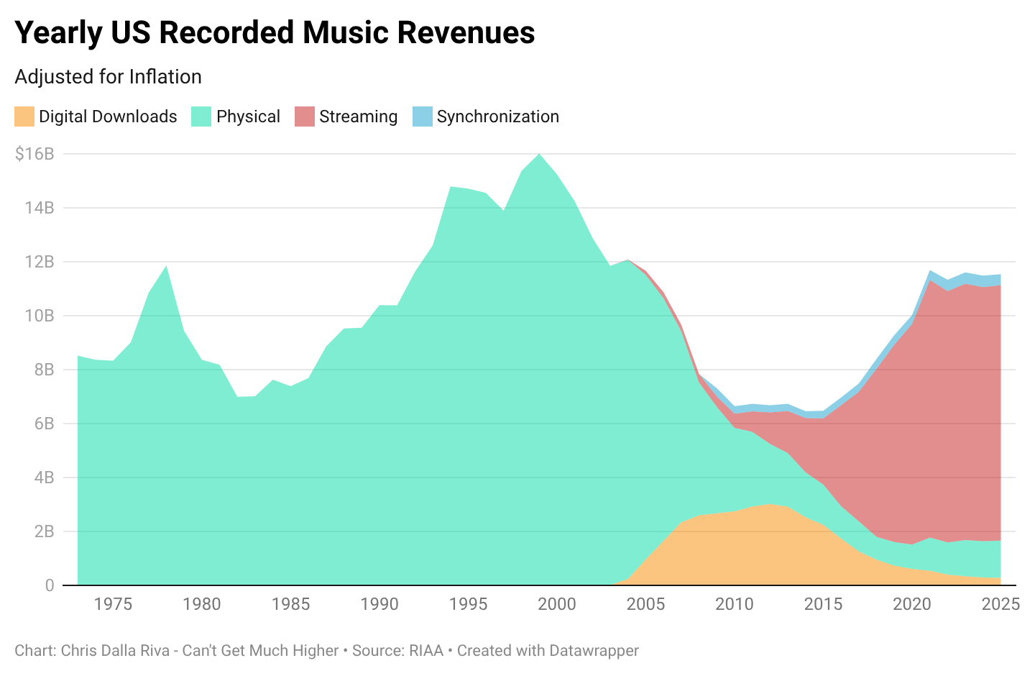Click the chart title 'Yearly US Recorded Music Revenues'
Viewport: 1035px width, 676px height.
(x=275, y=33)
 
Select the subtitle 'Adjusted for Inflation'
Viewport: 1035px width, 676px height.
(x=108, y=77)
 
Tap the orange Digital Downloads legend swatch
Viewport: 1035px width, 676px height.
(x=24, y=117)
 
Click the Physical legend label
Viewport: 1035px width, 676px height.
(x=248, y=117)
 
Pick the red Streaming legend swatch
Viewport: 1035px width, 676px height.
(x=305, y=117)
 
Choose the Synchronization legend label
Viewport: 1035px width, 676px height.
(x=497, y=117)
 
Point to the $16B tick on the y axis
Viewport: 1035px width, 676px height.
(x=34, y=153)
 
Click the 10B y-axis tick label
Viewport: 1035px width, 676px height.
(x=40, y=316)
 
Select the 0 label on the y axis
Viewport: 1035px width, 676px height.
(x=50, y=585)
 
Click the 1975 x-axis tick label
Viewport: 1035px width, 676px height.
(x=114, y=604)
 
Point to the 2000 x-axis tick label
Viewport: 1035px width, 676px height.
(x=557, y=604)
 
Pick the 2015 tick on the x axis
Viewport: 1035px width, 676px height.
(x=823, y=604)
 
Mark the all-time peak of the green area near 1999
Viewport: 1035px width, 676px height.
(x=539, y=154)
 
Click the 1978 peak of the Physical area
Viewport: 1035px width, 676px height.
(x=166, y=266)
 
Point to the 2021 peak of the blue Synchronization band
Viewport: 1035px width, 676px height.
(x=929, y=271)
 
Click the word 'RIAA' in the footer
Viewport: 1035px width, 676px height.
(x=425, y=651)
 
